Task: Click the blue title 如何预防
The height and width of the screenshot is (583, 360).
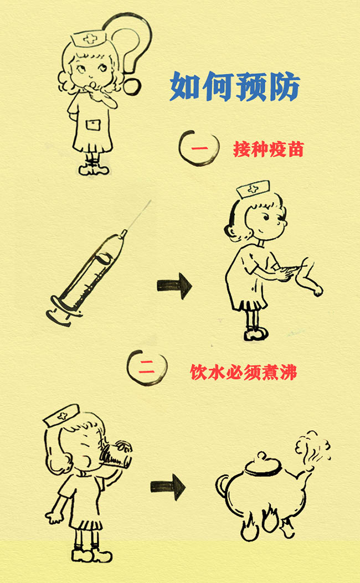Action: pos(235,86)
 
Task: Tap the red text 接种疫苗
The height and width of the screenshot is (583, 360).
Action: pos(269,149)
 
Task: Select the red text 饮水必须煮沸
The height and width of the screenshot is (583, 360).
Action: pos(244,372)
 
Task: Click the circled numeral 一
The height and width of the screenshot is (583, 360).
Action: pos(198,148)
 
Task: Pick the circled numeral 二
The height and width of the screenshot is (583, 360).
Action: pos(146,367)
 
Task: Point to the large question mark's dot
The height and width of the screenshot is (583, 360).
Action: pos(132,86)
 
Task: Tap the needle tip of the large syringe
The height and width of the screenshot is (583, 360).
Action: pos(151,201)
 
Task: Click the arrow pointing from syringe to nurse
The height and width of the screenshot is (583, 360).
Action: pos(174,285)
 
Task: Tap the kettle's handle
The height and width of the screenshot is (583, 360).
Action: pos(222,485)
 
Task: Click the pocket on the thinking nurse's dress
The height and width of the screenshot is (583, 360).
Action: pos(93,125)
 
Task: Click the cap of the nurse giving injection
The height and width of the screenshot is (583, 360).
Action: pos(253,189)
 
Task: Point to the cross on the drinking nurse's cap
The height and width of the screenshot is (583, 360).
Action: pos(62,416)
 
